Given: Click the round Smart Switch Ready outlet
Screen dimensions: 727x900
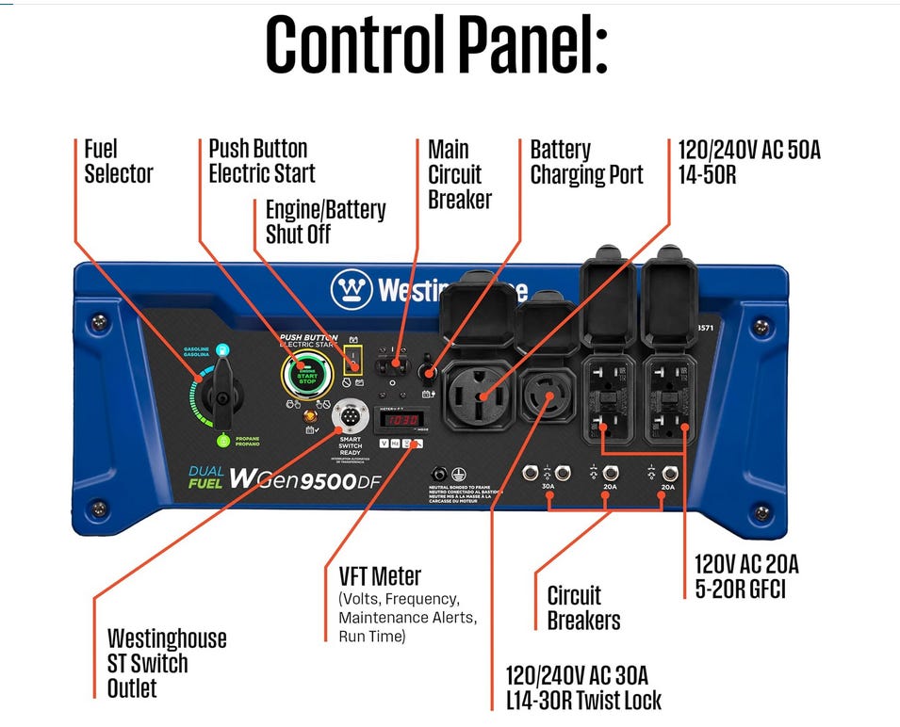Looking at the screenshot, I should [351, 417].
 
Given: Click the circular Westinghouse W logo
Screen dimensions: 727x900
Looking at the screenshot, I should [351, 288].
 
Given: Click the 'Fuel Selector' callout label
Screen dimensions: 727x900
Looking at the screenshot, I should [118, 161].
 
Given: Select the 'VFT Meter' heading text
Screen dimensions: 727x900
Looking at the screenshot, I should [380, 575].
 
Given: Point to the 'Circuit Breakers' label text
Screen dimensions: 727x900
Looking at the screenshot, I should [583, 607].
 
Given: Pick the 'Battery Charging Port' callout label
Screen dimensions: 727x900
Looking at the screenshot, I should [586, 162].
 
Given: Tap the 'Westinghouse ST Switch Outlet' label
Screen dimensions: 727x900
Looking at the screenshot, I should [167, 663].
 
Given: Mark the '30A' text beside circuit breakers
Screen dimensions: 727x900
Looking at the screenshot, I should [548, 487].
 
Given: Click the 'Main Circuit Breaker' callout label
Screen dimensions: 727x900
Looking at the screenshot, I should [459, 174].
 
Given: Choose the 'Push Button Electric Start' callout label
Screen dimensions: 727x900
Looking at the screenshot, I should [261, 161].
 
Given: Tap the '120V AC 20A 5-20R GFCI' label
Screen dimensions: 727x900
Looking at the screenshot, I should [746, 576].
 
